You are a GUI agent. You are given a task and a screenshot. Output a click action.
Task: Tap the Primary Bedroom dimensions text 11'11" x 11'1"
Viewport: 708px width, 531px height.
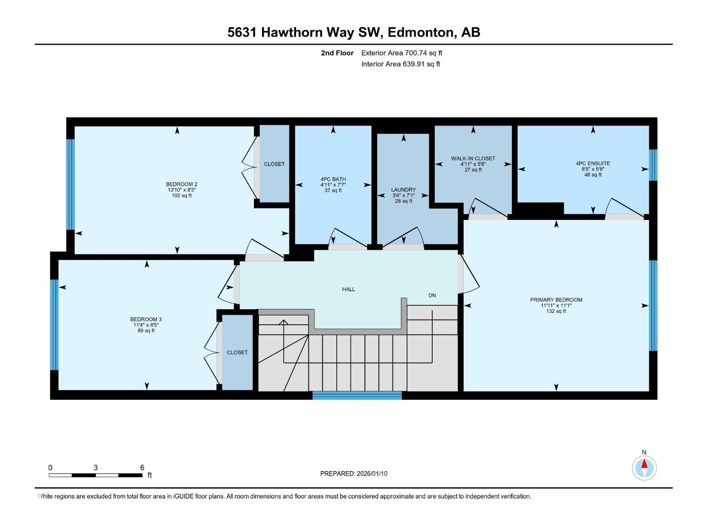coord(556,305)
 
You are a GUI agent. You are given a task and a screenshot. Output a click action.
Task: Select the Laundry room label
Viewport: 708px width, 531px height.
coord(403,189)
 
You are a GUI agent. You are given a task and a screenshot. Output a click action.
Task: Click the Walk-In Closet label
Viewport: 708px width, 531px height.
coord(473,158)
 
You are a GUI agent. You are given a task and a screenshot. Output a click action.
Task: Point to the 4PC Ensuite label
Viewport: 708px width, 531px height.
coord(593,163)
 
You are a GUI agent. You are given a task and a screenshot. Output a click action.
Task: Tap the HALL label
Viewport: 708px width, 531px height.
coord(348,289)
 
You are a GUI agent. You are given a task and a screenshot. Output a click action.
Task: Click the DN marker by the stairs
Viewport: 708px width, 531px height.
coord(432,296)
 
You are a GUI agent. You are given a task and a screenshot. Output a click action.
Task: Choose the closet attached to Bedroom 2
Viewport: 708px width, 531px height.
coord(274,164)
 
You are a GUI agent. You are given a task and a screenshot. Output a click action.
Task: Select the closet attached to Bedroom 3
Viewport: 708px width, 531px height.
coord(237,352)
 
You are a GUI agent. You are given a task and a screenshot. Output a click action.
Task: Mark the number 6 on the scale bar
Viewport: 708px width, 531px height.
coord(142,467)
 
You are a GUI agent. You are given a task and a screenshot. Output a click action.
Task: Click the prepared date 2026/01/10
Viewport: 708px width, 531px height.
coord(371,473)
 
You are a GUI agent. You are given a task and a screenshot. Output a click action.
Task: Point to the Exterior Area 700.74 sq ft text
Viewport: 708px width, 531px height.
coord(401,53)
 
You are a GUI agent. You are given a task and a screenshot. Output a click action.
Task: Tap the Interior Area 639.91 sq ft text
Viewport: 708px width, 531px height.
coord(400,64)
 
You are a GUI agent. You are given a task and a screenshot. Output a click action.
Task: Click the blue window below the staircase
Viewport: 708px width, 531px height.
coord(357,395)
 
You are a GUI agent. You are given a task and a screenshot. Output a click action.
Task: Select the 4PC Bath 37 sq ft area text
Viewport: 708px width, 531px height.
coord(333,191)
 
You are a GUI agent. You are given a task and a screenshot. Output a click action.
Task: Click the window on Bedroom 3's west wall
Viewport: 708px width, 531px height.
coord(54,324)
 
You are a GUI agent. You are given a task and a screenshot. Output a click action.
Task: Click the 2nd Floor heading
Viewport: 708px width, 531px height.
coord(337,53)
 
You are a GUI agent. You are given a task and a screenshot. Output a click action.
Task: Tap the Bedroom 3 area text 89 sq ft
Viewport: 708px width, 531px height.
coord(146,331)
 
